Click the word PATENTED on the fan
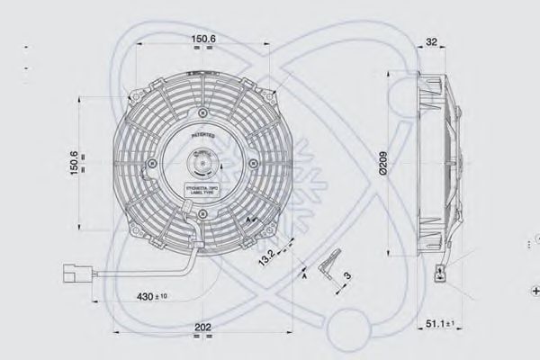[202, 132]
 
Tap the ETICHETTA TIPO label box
[201, 190]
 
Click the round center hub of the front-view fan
[201, 164]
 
